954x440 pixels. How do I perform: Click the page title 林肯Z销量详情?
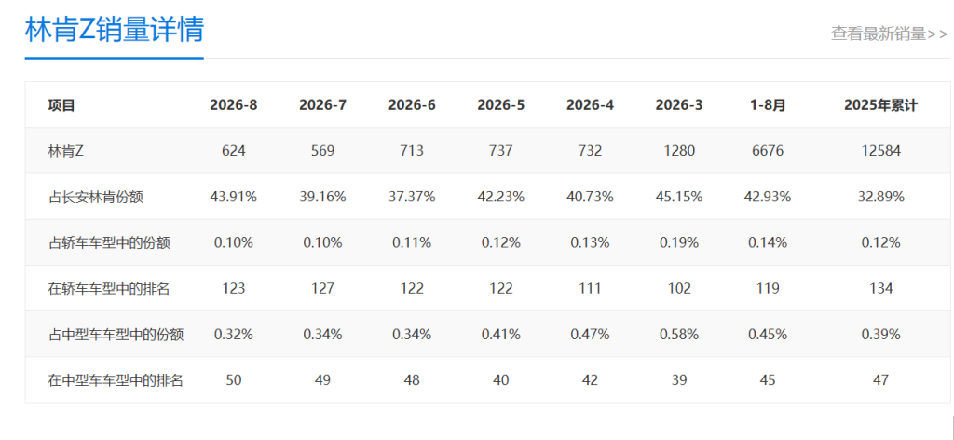click(114, 29)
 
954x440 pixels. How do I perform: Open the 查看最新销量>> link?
click(890, 34)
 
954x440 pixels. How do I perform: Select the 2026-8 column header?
click(234, 105)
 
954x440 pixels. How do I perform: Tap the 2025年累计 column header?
click(880, 105)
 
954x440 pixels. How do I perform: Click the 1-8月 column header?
click(768, 105)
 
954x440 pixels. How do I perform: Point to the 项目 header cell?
click(61, 105)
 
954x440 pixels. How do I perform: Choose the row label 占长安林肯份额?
click(96, 198)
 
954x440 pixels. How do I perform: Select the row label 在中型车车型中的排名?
click(116, 380)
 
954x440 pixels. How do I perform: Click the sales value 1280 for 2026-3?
click(679, 151)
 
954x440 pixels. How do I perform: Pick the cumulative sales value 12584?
click(880, 151)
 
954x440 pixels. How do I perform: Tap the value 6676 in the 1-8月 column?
click(768, 151)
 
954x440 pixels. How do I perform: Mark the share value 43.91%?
click(234, 197)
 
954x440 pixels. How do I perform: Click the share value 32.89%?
click(880, 197)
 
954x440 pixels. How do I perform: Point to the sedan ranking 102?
click(679, 288)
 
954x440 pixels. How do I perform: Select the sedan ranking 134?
click(880, 288)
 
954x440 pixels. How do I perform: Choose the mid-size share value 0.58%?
click(679, 334)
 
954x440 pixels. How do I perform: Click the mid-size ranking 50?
click(234, 380)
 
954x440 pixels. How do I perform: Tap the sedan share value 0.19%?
click(679, 242)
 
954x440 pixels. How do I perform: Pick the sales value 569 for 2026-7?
click(322, 151)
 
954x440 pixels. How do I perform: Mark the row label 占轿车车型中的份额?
click(109, 242)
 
